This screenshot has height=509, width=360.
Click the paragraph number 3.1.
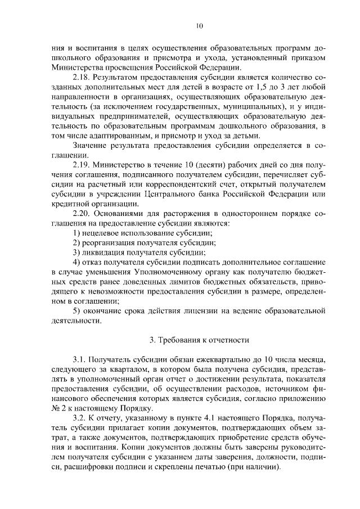coord(80,359)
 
